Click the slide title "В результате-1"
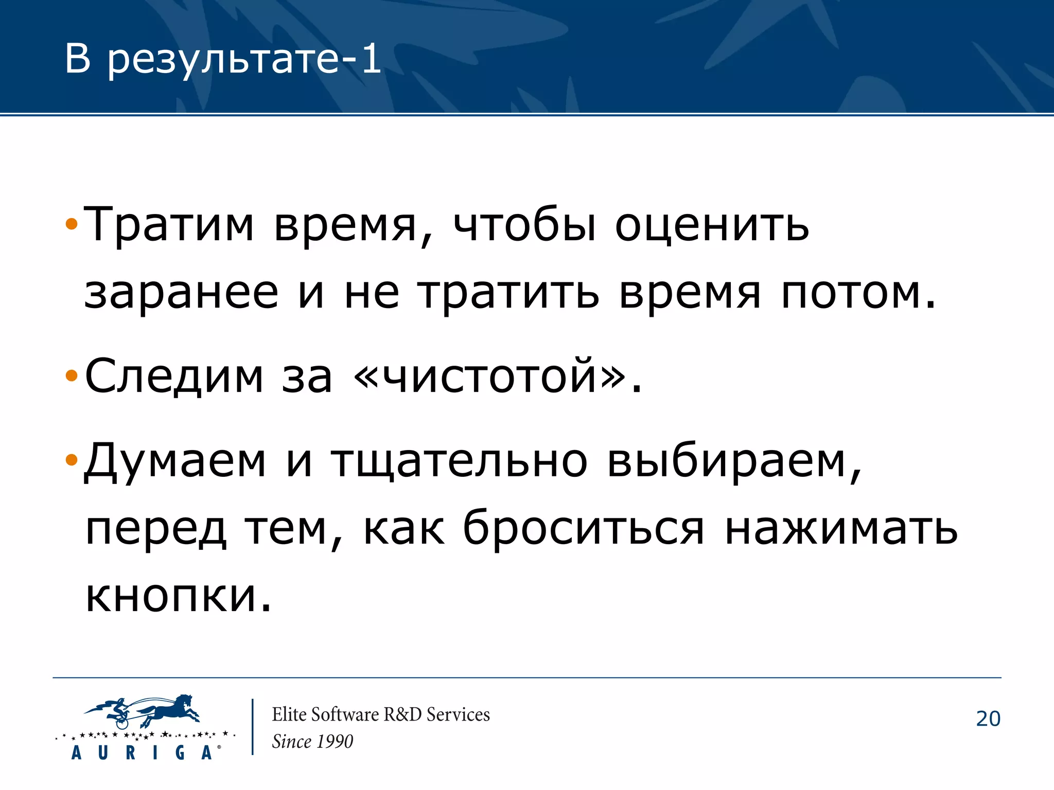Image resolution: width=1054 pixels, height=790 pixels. tap(222, 59)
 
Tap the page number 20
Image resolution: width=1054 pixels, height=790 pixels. tap(988, 719)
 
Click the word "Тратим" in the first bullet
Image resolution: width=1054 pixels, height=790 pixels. tap(169, 225)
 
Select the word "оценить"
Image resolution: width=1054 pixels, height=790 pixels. tap(712, 225)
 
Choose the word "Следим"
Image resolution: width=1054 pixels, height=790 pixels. tap(174, 376)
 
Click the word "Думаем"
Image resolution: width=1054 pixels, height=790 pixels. tap(175, 461)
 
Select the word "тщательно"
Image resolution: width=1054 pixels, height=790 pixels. tap(459, 461)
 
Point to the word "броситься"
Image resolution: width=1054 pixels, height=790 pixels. tap(583, 529)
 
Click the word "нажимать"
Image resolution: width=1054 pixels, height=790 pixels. tap(841, 529)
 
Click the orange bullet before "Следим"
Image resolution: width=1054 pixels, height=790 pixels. tap(72, 376)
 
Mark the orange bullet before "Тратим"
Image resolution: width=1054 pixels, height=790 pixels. tap(72, 224)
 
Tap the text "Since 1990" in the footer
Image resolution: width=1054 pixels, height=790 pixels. tap(312, 742)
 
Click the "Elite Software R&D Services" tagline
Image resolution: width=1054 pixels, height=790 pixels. tap(381, 714)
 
